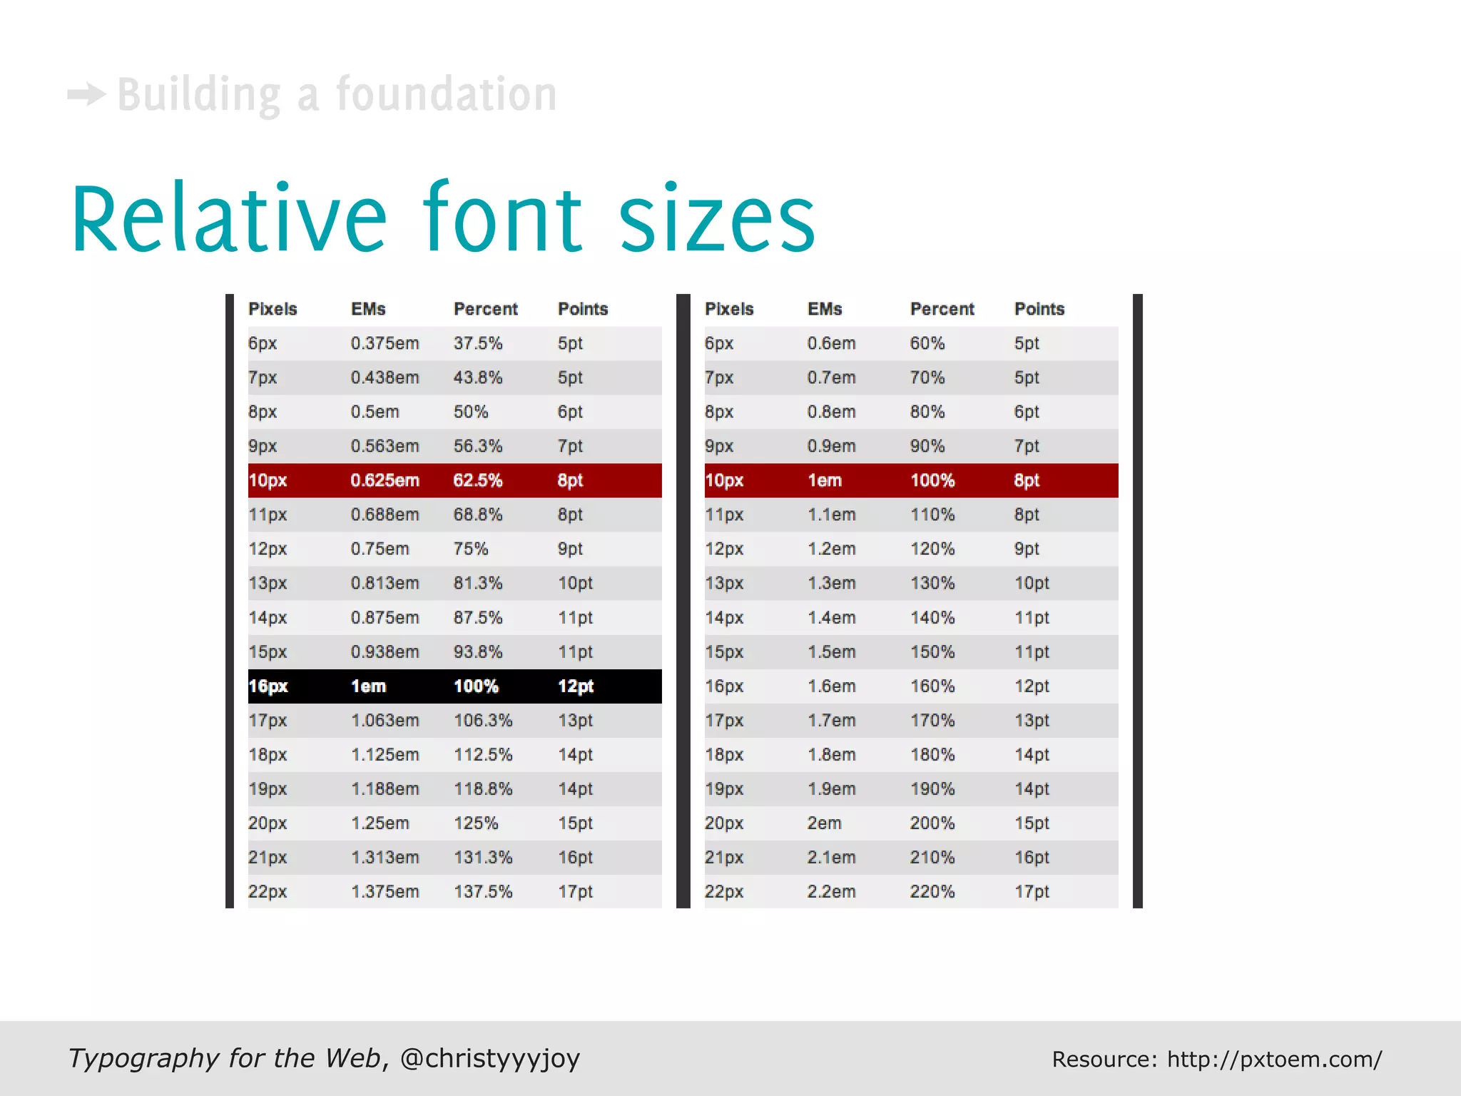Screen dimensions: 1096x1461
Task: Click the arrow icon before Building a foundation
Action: (86, 94)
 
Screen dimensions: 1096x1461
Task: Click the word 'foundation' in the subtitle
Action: (446, 94)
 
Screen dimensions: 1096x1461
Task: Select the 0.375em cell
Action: (385, 343)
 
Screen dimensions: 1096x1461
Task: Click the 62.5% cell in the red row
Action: (477, 480)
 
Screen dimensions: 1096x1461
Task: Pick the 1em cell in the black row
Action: (368, 686)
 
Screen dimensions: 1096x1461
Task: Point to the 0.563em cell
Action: (385, 446)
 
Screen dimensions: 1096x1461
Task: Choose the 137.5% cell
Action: (483, 892)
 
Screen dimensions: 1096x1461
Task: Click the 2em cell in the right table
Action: (824, 823)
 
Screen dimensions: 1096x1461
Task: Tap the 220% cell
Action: (932, 892)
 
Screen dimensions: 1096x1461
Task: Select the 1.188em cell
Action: (385, 789)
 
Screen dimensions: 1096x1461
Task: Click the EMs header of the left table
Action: (368, 309)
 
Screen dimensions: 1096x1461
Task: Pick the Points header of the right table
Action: (1039, 309)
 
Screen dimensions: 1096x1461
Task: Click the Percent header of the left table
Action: (485, 309)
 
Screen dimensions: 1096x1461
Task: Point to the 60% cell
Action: (927, 343)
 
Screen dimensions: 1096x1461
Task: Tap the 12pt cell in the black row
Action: (575, 686)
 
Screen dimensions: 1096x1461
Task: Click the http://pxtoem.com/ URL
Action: (1274, 1060)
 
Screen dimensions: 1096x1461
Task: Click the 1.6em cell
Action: (831, 686)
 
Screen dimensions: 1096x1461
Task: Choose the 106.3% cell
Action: (483, 721)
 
